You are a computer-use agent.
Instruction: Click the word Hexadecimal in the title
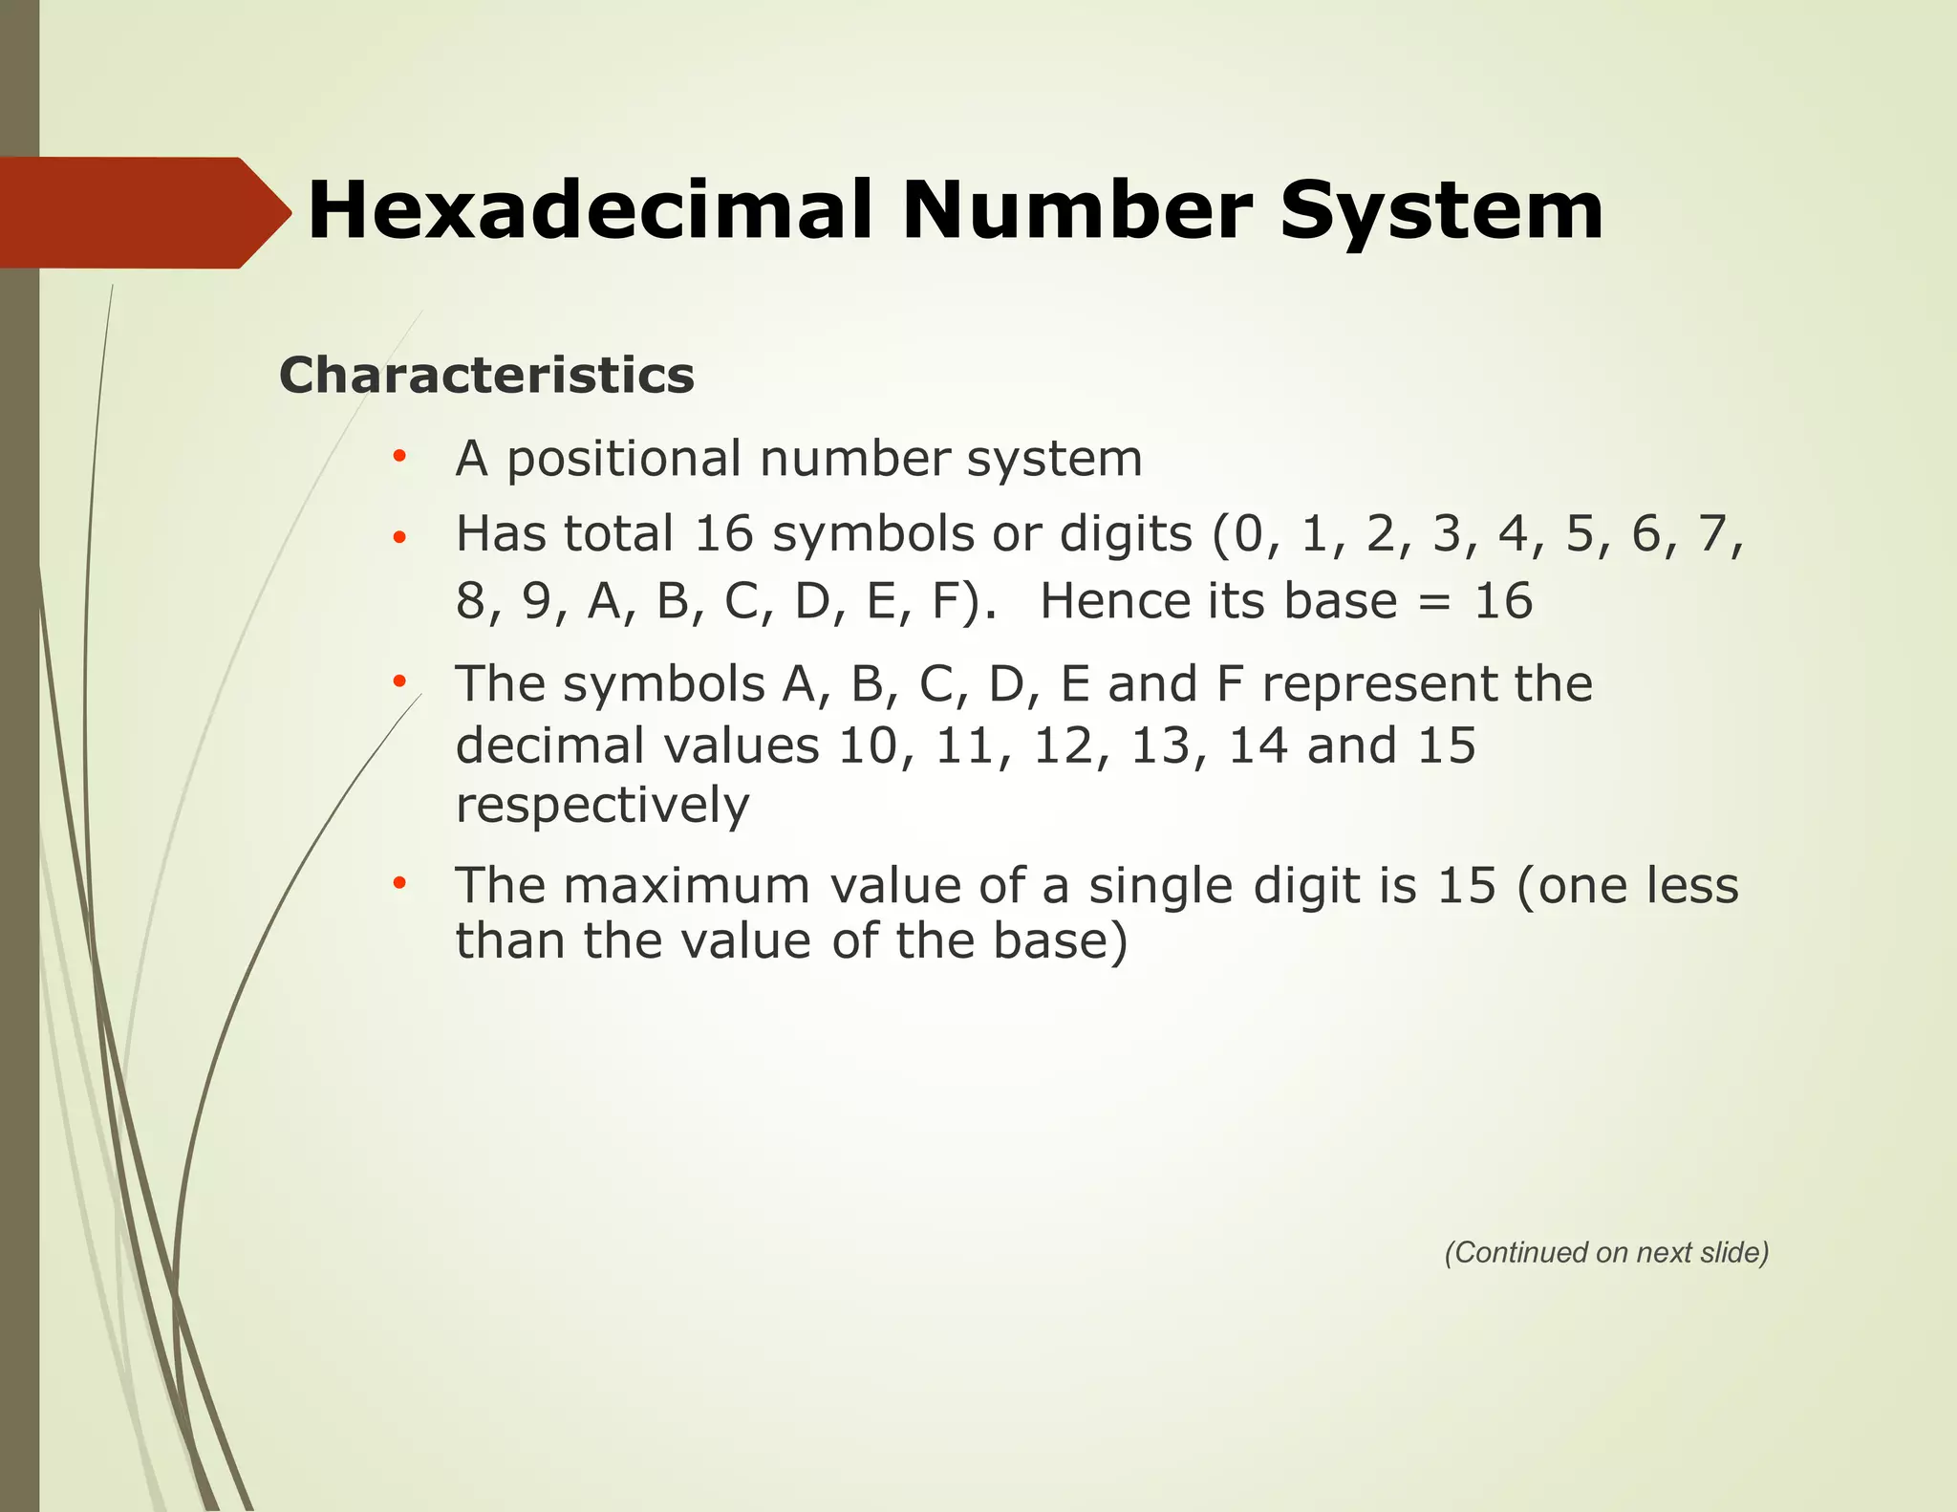[591, 211]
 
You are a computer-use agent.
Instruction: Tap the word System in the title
[1441, 211]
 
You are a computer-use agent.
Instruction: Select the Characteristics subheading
[486, 375]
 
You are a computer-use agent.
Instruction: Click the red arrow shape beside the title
[143, 212]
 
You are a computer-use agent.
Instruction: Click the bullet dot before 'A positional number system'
[399, 457]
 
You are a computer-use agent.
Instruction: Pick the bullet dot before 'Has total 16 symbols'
[399, 536]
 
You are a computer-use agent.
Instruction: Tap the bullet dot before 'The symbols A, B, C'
[399, 682]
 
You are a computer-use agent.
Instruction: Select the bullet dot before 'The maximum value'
[399, 884]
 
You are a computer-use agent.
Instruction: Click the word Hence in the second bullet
[1115, 601]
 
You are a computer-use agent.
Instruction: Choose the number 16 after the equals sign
[1503, 601]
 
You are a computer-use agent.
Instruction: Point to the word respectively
[602, 806]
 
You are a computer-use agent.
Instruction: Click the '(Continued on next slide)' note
[1606, 1252]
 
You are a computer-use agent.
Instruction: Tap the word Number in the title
[1076, 211]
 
